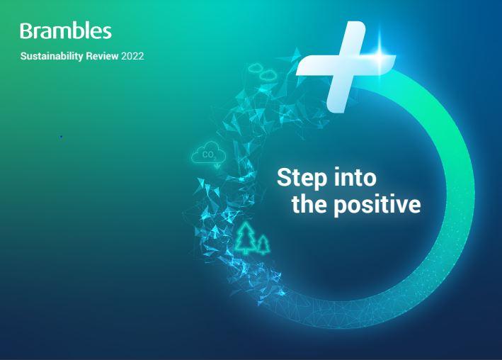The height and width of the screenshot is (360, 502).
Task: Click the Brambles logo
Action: [66, 31]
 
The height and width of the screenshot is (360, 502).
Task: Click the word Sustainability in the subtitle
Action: [52, 56]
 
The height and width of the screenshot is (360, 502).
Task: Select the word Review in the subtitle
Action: [102, 56]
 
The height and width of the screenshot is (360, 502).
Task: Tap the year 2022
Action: [132, 56]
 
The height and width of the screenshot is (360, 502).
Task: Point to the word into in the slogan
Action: [355, 177]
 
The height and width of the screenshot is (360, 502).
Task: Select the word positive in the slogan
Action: [377, 206]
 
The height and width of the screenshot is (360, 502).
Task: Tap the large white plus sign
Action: [346, 67]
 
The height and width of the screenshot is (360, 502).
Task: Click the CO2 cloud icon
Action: [208, 152]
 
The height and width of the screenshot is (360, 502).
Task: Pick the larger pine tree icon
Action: [246, 238]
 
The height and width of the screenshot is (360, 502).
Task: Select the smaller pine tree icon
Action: [263, 244]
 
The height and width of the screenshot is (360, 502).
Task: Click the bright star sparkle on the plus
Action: [380, 58]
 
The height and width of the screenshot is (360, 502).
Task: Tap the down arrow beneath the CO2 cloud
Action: [217, 165]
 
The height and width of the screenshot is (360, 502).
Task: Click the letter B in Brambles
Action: [27, 31]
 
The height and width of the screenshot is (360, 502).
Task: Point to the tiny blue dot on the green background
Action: [61, 137]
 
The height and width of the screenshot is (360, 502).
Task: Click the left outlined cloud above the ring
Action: [255, 67]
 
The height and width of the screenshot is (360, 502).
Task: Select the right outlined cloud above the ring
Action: [268, 75]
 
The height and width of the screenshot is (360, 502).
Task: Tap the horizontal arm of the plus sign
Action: [346, 65]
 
